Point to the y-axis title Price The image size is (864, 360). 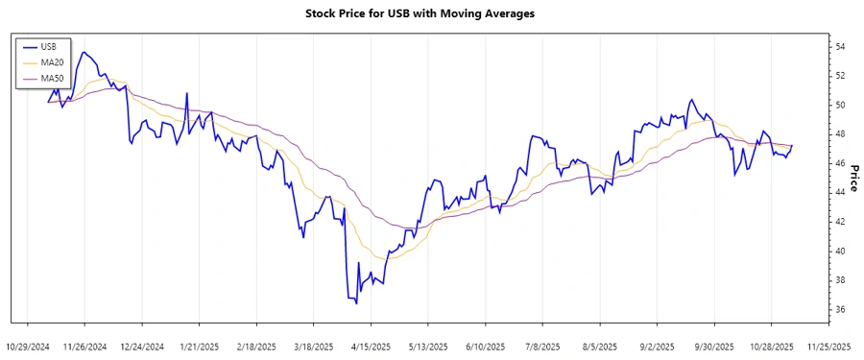click(852, 178)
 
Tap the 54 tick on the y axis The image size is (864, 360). click(839, 46)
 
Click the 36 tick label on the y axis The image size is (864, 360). click(839, 309)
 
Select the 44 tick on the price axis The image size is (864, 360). click(839, 192)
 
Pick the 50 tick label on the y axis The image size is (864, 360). click(839, 105)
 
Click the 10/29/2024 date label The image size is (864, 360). click(28, 346)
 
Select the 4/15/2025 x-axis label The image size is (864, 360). click(371, 346)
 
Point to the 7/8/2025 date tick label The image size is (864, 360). click(542, 346)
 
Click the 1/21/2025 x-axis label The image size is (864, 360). click(199, 346)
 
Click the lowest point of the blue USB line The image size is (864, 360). click(356, 303)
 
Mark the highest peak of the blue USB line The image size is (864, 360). click(84, 52)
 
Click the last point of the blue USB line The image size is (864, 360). click(792, 145)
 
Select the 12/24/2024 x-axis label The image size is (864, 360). click(142, 346)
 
